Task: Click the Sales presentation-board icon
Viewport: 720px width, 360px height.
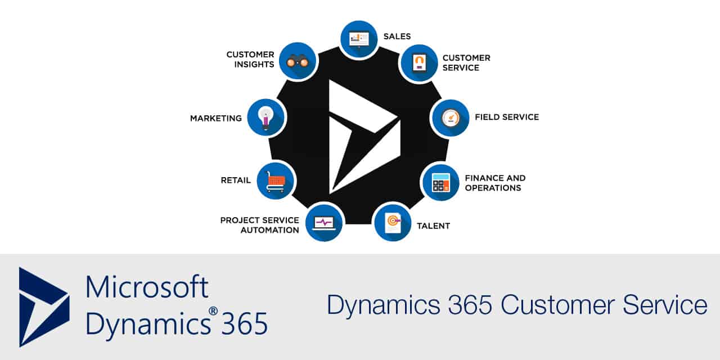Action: [359, 39]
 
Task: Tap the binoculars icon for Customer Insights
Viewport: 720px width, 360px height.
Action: [298, 61]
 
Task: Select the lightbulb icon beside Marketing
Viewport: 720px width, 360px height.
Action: [266, 118]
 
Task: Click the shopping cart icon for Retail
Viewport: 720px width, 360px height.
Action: [276, 181]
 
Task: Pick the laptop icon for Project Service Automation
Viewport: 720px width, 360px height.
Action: [324, 222]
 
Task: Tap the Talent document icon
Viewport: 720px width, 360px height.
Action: [393, 222]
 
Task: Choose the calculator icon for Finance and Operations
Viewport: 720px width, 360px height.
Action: [441, 183]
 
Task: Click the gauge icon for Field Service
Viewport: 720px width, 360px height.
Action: [451, 118]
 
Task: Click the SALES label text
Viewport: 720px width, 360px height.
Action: [397, 37]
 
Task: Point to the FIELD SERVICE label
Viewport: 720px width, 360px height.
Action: [507, 117]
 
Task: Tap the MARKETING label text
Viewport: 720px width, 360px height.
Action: [216, 119]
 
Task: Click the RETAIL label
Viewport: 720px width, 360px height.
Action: [236, 181]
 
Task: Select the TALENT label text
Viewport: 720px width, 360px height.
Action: [433, 226]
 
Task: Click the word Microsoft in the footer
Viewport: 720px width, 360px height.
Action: [147, 286]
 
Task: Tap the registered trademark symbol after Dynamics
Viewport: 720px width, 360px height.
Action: [213, 311]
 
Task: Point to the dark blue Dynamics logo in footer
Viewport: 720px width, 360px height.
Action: [44, 307]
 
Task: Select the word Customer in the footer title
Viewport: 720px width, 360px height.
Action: [557, 304]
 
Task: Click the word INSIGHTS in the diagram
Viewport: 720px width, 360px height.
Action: [254, 65]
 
